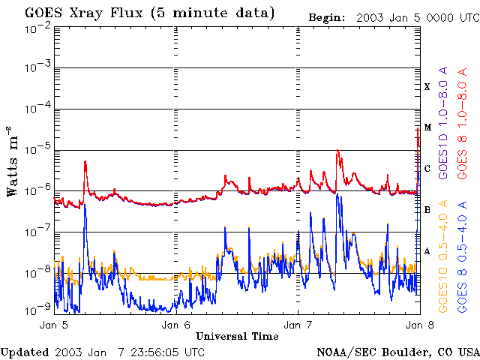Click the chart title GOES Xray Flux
pos(83,13)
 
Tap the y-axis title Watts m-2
pos(13,161)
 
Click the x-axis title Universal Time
pos(237,336)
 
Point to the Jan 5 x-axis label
pos(54,325)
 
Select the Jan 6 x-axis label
pos(176,325)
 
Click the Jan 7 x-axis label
pos(298,325)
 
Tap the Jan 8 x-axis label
pos(420,325)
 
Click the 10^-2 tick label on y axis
pos(37,30)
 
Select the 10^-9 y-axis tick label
pos(37,310)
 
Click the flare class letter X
pos(427,87)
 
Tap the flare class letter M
pos(427,127)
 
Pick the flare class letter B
pos(427,210)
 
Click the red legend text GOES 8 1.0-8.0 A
pos(462,123)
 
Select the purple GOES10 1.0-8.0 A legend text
pos(442,122)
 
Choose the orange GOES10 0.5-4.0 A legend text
pos(442,256)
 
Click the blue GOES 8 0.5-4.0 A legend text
pos(462,256)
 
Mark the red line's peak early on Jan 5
pos(85,161)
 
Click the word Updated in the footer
pos(25,352)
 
